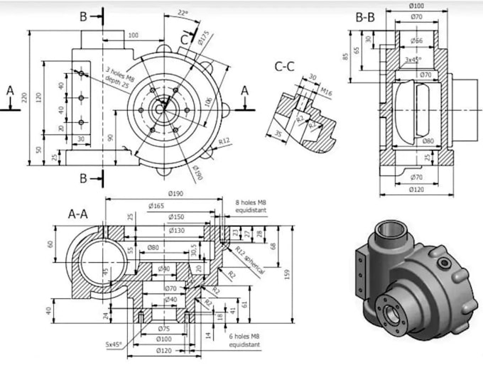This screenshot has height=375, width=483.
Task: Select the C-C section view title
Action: click(x=285, y=67)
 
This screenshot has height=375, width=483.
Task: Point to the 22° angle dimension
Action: click(x=183, y=13)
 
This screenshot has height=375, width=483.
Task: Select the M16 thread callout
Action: click(x=326, y=92)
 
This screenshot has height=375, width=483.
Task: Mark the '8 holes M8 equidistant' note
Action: click(x=251, y=207)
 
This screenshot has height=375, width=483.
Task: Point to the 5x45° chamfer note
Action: click(x=113, y=344)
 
